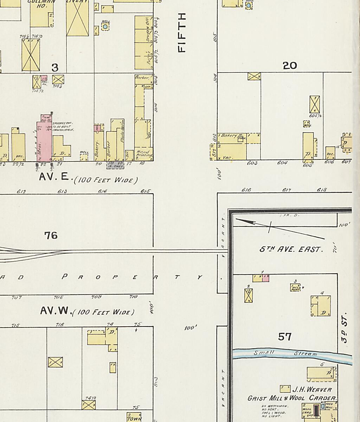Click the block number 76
pos(51,235)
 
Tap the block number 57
pos(285,337)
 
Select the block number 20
pos(290,65)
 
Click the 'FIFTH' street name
pos(182,33)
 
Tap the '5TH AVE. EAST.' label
pos(291,249)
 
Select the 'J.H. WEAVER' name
pos(312,389)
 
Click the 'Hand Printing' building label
pos(144,153)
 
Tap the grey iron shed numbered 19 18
pos(115,165)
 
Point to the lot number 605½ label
pos(315,116)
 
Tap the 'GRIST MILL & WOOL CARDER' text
pos(291,398)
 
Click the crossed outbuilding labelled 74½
pos(89,405)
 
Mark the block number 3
pos(54,67)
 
